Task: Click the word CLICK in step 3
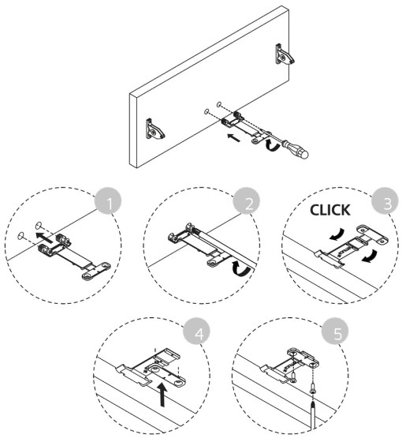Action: pos(330,210)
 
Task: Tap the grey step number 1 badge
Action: pos(109,201)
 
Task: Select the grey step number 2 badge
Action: pos(247,201)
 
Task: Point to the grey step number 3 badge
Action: pos(385,201)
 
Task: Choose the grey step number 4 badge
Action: pos(197,331)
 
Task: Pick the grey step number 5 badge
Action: pos(335,331)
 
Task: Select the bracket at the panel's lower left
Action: pos(154,129)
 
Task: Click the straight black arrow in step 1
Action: pos(44,238)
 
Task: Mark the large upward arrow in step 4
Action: pos(162,395)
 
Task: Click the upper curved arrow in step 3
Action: pos(337,234)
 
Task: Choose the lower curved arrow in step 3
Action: pos(369,256)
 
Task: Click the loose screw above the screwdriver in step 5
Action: pos(313,389)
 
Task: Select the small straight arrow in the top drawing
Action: pos(234,137)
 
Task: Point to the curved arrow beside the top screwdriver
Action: pos(272,144)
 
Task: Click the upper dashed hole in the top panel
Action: pos(219,104)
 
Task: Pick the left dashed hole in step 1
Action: pos(20,236)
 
